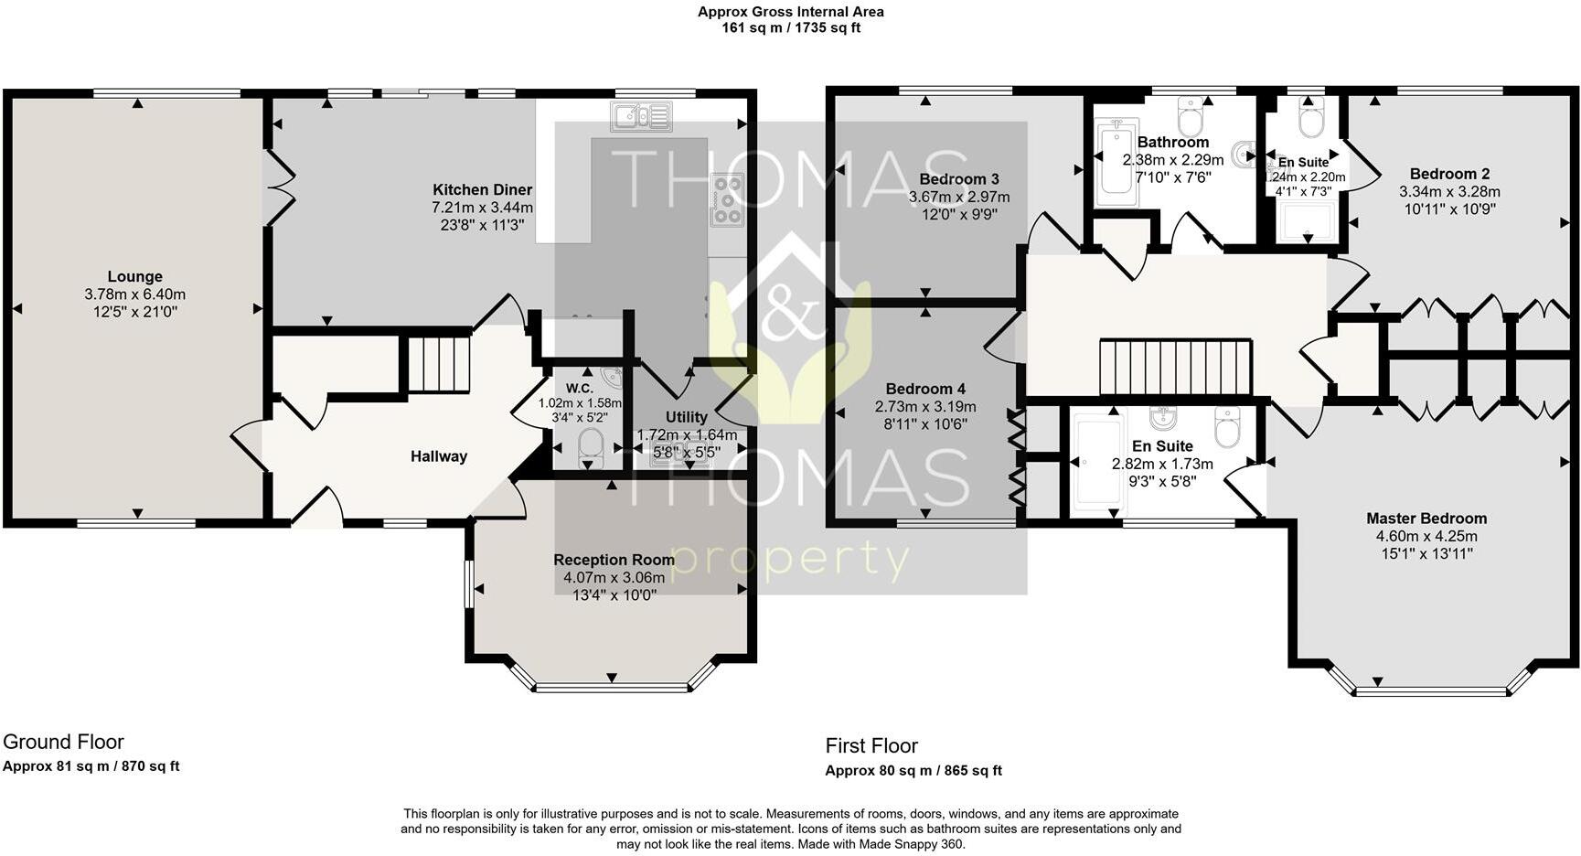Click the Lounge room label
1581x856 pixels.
[134, 276]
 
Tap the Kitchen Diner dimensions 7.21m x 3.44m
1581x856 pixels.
[482, 208]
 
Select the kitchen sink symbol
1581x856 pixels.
[642, 116]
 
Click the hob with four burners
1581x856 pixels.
[728, 199]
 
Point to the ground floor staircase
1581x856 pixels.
[438, 364]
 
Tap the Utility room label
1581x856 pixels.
[686, 417]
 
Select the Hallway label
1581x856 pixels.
[438, 456]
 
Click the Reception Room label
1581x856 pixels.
[614, 560]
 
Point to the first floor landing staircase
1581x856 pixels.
[1174, 367]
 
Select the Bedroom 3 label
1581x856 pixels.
[958, 179]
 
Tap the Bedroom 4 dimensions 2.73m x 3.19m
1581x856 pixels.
[924, 407]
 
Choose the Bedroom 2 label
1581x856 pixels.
[1449, 174]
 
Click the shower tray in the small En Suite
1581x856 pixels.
[1306, 222]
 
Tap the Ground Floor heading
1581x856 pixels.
[63, 742]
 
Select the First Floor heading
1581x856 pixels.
[871, 745]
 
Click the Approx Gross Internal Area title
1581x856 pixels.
[790, 12]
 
